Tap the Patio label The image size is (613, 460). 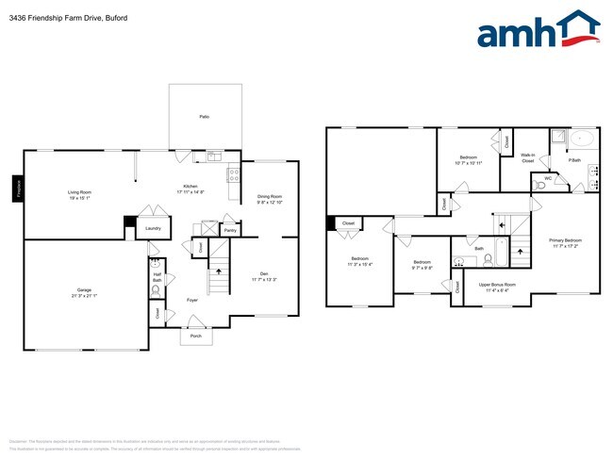204,116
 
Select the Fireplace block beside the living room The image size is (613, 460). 17,189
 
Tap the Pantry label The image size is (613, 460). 229,229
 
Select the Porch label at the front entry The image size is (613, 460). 196,335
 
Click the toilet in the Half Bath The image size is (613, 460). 157,289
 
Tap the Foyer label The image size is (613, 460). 191,300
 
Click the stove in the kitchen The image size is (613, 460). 232,173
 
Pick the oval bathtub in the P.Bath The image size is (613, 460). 582,140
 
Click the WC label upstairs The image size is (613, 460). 547,177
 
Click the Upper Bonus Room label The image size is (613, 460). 497,284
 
